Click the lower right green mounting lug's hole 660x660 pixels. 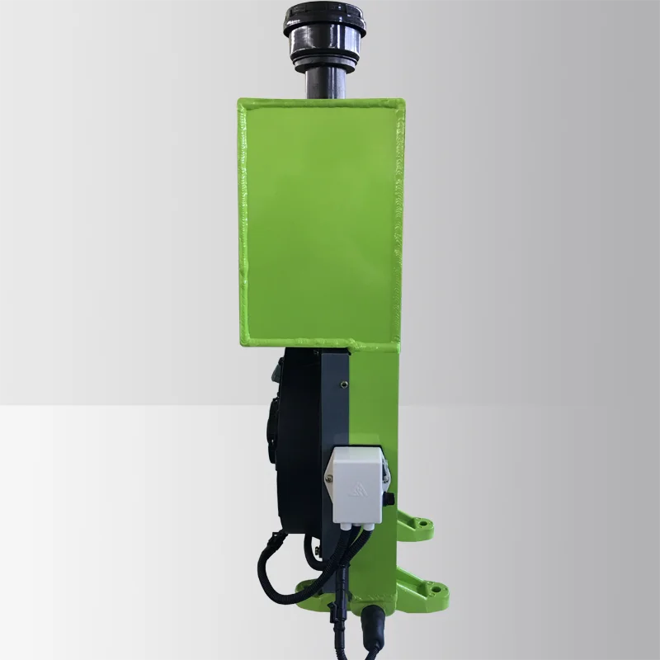click(x=431, y=591)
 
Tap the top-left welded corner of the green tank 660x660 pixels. click(x=242, y=103)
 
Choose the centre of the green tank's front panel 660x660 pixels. click(x=322, y=221)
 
